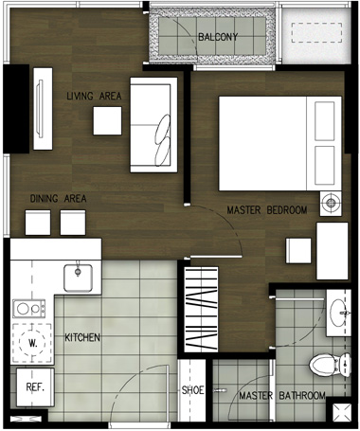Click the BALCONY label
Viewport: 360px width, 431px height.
point(218,37)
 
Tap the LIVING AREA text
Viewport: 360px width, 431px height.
point(94,96)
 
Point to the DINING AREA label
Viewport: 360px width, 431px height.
point(58,199)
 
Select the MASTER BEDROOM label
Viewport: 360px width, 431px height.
point(267,210)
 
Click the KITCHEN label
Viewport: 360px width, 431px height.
point(82,337)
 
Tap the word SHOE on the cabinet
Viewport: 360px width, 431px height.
point(192,390)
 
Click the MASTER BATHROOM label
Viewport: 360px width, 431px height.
point(282,395)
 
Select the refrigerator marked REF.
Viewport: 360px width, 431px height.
point(35,387)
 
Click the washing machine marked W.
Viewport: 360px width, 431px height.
point(32,343)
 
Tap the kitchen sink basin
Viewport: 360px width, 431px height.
point(78,278)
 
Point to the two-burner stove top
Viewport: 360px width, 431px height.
point(29,309)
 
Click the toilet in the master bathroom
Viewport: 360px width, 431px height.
point(330,365)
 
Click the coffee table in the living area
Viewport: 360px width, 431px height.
point(107,121)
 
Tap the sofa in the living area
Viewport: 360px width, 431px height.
point(153,125)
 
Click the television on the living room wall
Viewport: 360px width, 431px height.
point(40,109)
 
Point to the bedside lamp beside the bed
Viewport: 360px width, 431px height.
point(331,203)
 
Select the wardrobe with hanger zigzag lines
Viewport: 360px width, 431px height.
point(201,309)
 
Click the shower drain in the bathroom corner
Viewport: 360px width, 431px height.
point(343,412)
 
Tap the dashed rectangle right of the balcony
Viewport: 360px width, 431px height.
point(316,32)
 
